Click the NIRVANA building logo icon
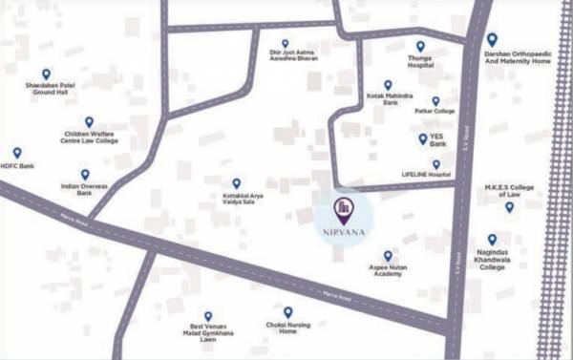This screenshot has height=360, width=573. click(x=341, y=209)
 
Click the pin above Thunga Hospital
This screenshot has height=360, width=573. click(x=420, y=46)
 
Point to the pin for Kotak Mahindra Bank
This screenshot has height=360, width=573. click(x=388, y=84)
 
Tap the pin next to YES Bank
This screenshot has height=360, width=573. click(x=423, y=139)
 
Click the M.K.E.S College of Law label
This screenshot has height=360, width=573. click(x=509, y=189)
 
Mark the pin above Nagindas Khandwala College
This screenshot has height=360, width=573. click(x=492, y=240)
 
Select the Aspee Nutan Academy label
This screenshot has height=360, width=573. click(x=388, y=274)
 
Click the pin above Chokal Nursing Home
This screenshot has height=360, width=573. click(x=287, y=311)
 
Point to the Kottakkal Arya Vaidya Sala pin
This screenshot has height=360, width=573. click(x=237, y=182)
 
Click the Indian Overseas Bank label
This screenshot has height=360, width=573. click(x=84, y=190)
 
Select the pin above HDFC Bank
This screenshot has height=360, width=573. click(x=16, y=152)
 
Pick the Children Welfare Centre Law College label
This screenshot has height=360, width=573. click(x=90, y=138)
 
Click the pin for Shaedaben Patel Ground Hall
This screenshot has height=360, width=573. click(x=46, y=74)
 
